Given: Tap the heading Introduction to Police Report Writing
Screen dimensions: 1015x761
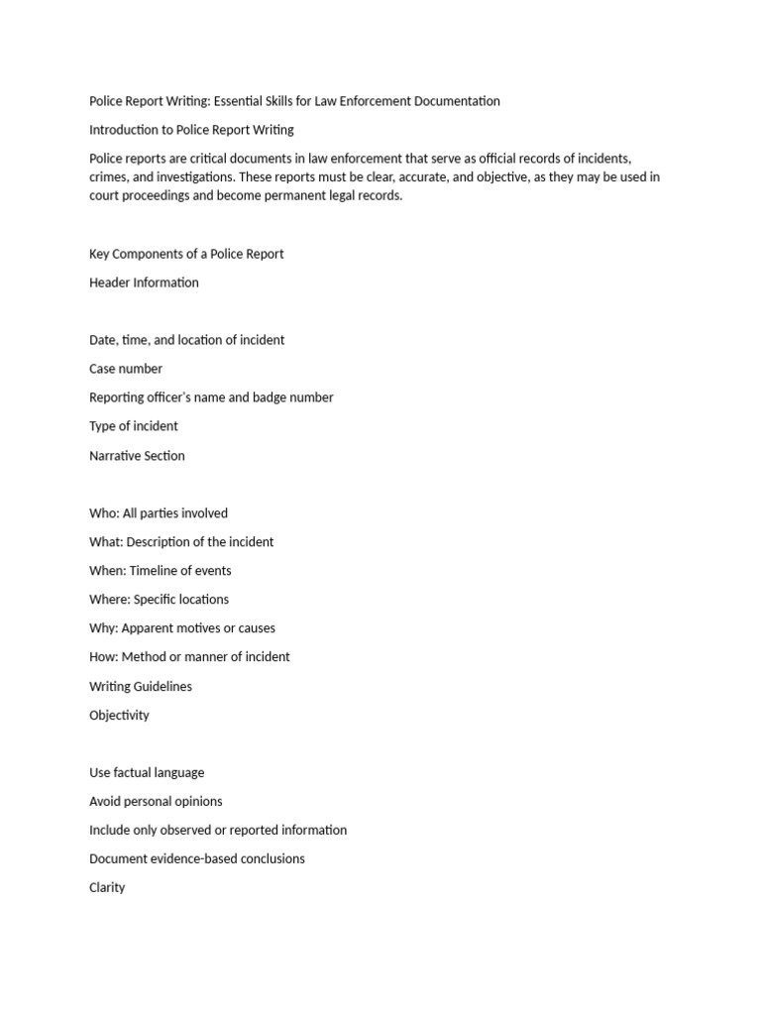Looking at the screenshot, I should tap(191, 130).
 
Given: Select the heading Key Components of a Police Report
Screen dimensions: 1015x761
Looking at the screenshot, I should tap(186, 254).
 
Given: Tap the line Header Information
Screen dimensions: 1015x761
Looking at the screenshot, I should tap(144, 282).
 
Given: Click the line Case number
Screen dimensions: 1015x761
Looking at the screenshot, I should tap(126, 369).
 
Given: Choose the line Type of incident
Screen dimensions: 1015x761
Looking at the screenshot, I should tap(134, 426).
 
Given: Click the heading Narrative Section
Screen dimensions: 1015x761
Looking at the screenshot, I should tap(137, 456).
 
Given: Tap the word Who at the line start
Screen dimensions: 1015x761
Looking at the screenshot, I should tap(102, 513).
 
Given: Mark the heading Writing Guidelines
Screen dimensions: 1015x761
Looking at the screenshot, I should tap(141, 686).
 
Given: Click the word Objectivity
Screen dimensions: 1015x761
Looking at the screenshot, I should tap(119, 715).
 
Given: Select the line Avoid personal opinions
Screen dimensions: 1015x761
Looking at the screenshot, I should tap(156, 801).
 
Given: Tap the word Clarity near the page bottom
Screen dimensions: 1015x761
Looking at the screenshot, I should tap(107, 887).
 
